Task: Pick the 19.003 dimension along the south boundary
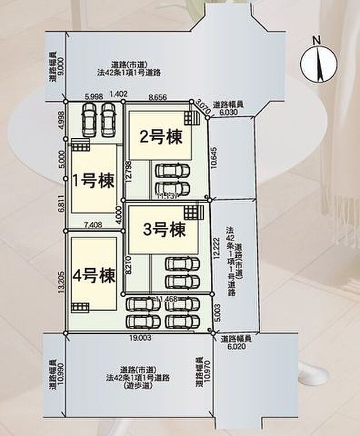click(139, 337)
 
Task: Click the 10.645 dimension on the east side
click(216, 157)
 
